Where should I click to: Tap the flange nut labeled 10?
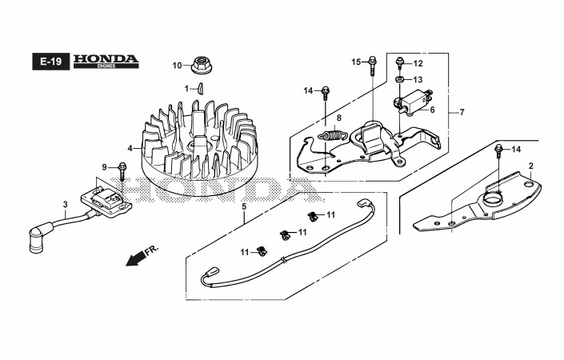pyautogui.click(x=200, y=65)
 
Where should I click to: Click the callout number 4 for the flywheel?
pyautogui.click(x=130, y=148)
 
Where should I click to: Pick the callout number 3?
pyautogui.click(x=65, y=204)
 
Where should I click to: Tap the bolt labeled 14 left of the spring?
pyautogui.click(x=326, y=92)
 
